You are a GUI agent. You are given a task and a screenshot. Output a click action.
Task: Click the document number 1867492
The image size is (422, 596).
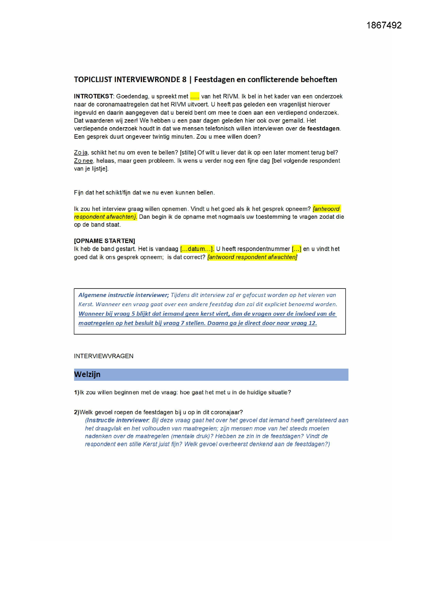(x=384, y=25)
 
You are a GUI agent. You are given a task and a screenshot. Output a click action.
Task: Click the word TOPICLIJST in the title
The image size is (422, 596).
(x=93, y=80)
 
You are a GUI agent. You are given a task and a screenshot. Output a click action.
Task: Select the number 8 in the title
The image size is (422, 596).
(x=184, y=80)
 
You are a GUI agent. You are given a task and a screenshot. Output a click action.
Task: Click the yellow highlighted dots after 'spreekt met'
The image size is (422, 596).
(x=195, y=97)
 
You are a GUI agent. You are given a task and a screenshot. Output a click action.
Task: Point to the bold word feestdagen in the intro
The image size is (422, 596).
(x=323, y=128)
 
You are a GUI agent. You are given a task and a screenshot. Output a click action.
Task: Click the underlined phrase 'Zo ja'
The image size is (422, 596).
(x=81, y=153)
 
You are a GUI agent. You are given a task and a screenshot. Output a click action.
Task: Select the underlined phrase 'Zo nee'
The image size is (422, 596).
(x=83, y=161)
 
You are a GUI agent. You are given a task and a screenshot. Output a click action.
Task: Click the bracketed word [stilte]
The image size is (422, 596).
(x=188, y=153)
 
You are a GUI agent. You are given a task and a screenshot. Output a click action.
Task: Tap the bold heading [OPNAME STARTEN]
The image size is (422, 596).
(x=104, y=241)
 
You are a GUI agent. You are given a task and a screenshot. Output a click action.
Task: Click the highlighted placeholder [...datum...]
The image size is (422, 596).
(x=197, y=249)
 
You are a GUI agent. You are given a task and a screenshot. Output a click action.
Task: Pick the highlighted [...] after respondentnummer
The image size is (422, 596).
(x=296, y=249)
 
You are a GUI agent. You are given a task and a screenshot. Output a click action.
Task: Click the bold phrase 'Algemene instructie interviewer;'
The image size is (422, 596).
(x=124, y=295)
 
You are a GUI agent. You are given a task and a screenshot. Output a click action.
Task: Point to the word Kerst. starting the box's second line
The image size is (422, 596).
(x=86, y=304)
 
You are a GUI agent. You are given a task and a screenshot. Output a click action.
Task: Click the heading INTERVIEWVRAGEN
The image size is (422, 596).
(x=103, y=356)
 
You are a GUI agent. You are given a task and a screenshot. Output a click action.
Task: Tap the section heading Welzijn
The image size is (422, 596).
(x=87, y=374)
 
